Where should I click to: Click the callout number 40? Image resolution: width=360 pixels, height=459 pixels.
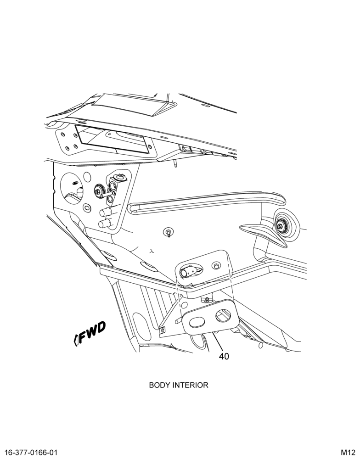(x=224, y=356)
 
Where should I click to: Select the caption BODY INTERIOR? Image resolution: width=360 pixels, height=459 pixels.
(x=179, y=385)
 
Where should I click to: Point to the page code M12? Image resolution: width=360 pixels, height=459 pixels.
(x=348, y=452)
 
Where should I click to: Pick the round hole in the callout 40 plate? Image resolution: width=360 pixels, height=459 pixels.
(x=223, y=315)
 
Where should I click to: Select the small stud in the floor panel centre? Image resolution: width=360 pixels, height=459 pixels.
(x=169, y=232)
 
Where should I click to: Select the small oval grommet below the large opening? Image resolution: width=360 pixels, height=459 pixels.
(x=87, y=207)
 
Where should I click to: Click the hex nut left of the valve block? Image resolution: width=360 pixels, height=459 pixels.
(x=98, y=190)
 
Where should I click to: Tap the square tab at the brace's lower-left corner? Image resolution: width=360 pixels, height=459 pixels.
(x=162, y=329)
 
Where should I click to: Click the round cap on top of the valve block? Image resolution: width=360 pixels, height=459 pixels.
(x=120, y=177)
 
